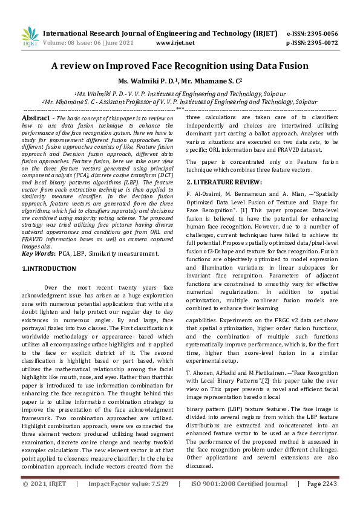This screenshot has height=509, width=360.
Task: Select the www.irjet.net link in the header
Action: point(175,43)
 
